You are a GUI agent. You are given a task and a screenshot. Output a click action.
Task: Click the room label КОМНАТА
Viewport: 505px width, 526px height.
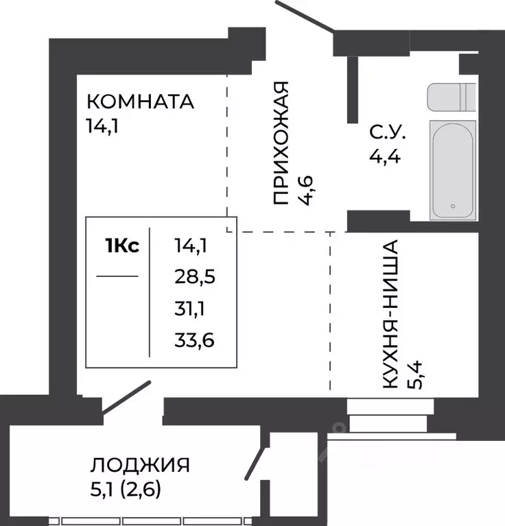[x=140, y=102]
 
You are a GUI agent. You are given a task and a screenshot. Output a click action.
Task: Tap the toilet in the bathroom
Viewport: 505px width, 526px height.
[x=450, y=97]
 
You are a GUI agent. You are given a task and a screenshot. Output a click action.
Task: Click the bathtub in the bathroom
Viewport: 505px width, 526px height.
[x=452, y=169]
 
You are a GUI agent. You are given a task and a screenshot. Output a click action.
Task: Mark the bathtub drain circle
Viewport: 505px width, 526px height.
[x=453, y=206]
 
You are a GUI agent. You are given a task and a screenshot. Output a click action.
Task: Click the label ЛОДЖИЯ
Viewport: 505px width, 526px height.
[x=139, y=465]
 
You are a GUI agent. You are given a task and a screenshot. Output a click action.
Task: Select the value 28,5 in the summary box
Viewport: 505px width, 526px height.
[x=196, y=276]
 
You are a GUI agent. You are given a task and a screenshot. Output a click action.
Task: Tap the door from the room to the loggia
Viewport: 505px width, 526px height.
[x=126, y=397]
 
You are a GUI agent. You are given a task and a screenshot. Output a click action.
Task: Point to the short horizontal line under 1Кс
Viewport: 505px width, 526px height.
[x=117, y=277]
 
